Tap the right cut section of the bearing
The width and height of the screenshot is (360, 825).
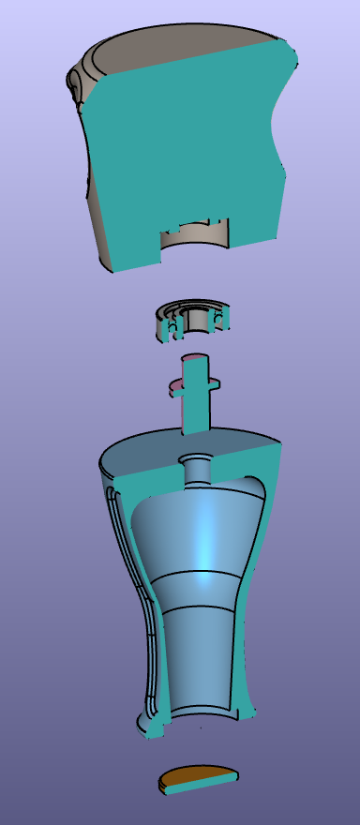221,319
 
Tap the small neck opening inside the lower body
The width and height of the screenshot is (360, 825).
198,466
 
